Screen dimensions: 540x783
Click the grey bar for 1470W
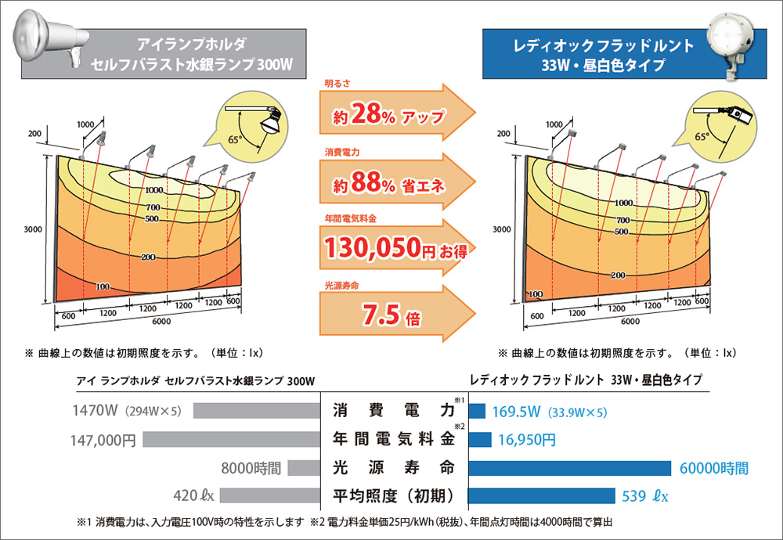[x=258, y=410]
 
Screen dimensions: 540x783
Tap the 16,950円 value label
[x=526, y=439]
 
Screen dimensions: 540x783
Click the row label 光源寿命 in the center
[x=394, y=468]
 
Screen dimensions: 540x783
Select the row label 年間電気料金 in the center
[x=394, y=439]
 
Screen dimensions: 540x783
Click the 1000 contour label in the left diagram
[x=153, y=190]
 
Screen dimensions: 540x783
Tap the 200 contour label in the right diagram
[x=618, y=275]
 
